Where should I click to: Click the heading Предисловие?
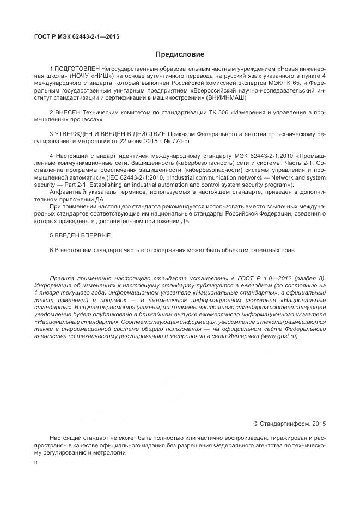(180, 54)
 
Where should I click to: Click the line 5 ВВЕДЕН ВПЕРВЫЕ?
(80, 235)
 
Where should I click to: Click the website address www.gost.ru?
(279, 336)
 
